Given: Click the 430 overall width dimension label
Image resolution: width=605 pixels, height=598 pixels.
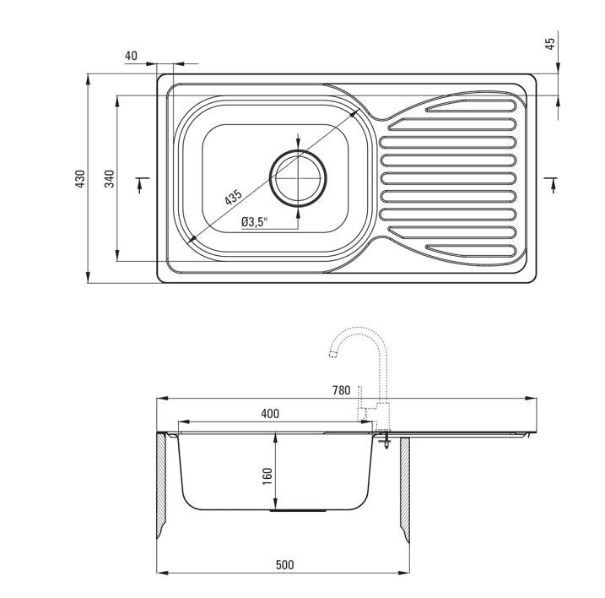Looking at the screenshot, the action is (80, 178).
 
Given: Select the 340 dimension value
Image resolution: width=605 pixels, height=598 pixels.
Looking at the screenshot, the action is (110, 178).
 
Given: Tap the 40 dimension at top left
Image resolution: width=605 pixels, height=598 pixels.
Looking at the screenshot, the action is (131, 56).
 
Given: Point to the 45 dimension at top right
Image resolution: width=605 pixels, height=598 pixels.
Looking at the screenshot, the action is (550, 43).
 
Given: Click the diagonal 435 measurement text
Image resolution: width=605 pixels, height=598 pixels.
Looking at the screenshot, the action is (234, 197).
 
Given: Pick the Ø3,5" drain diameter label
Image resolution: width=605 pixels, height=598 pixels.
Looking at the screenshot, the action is (254, 222).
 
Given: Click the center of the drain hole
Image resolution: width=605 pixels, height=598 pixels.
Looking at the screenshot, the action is (298, 178).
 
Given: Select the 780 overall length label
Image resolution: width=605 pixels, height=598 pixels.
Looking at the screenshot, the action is (342, 390).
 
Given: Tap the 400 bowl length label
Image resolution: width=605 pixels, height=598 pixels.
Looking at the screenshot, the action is (270, 414).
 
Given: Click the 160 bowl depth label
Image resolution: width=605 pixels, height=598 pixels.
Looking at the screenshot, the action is (267, 476).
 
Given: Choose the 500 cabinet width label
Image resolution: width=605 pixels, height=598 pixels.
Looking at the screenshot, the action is (284, 565).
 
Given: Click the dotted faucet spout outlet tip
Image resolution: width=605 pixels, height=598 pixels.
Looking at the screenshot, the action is (332, 354).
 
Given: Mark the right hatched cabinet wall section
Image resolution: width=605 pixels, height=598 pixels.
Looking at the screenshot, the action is (405, 489).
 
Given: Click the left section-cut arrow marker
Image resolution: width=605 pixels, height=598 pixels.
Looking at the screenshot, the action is (142, 184).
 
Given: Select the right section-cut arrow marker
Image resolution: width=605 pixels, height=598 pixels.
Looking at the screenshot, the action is (552, 184).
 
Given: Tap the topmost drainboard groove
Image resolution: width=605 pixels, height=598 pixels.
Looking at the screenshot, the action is (471, 105).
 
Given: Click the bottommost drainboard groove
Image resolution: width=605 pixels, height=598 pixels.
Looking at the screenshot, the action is (471, 251).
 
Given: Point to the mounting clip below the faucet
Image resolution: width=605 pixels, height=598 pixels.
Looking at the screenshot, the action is (385, 441).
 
